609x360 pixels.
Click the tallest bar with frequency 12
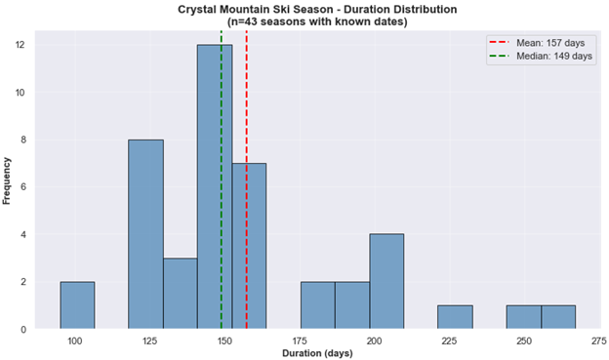(215, 186)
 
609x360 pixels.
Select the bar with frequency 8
(145, 234)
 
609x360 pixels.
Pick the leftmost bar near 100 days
(77, 305)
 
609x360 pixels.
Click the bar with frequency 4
(386, 281)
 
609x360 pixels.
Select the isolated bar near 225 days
(455, 317)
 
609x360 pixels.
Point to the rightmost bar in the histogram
(558, 317)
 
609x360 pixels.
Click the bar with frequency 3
(180, 294)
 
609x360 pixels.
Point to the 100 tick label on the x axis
(75, 340)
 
